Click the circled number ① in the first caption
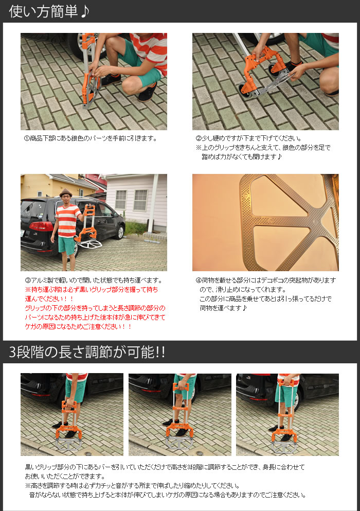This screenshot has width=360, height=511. [27, 138]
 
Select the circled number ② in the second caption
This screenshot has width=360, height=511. [199, 138]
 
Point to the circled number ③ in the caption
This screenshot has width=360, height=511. [27, 280]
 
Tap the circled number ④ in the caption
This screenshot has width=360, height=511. [199, 280]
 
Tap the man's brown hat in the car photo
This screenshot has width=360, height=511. [64, 192]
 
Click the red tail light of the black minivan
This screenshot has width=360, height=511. [34, 226]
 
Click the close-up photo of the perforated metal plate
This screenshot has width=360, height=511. [265, 222]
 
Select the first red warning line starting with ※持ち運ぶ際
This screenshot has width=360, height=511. [92, 290]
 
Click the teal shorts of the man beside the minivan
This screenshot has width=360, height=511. [67, 245]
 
